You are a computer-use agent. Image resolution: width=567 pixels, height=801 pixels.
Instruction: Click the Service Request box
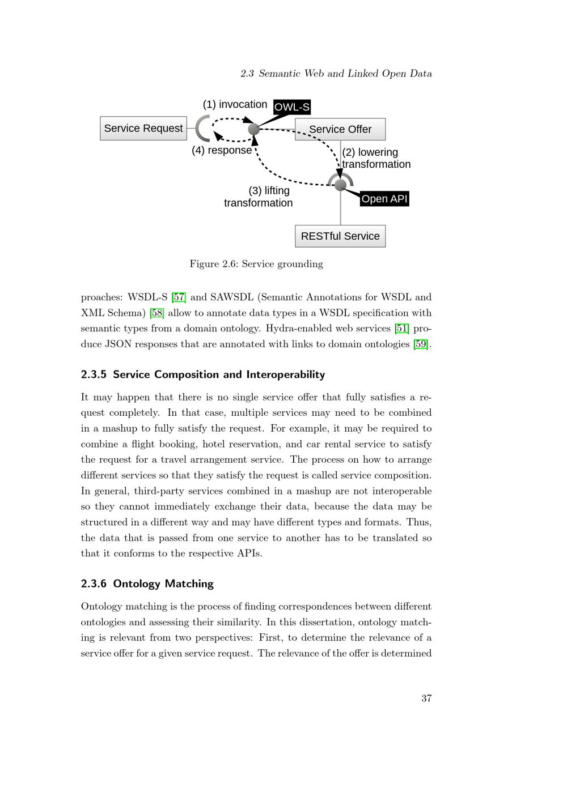pyautogui.click(x=143, y=129)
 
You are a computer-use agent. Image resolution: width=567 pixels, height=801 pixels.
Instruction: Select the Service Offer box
pyautogui.click(x=340, y=129)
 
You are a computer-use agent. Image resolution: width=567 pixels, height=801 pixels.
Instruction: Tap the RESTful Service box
pyautogui.click(x=340, y=236)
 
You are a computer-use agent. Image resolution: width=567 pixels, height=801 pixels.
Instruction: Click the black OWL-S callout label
pyautogui.click(x=291, y=107)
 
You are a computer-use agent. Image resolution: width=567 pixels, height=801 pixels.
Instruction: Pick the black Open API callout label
pyautogui.click(x=384, y=199)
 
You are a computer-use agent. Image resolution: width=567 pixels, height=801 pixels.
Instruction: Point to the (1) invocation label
pyautogui.click(x=235, y=104)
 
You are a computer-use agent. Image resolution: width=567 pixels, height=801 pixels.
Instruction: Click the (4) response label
pyautogui.click(x=222, y=150)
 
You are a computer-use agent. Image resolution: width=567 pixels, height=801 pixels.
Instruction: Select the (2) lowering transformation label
pyautogui.click(x=375, y=158)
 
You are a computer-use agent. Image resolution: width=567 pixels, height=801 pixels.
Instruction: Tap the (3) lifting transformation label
pyautogui.click(x=259, y=197)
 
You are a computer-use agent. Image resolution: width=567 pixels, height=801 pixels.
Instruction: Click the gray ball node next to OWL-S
pyautogui.click(x=254, y=129)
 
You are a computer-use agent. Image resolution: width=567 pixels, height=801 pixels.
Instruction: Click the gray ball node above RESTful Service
pyautogui.click(x=340, y=185)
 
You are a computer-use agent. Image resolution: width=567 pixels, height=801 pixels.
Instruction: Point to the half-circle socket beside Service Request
pyautogui.click(x=202, y=129)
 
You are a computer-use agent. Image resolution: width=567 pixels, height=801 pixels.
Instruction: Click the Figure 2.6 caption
pyautogui.click(x=256, y=264)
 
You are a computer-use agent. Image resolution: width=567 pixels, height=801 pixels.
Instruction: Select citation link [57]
pyautogui.click(x=179, y=297)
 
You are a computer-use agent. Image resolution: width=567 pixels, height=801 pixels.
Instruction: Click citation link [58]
pyautogui.click(x=156, y=313)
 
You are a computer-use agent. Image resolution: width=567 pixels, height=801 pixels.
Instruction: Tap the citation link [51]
pyautogui.click(x=401, y=329)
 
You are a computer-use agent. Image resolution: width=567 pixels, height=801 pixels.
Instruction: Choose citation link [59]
pyautogui.click(x=421, y=344)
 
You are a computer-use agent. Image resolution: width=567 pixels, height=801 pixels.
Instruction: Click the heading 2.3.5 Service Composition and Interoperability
pyautogui.click(x=203, y=374)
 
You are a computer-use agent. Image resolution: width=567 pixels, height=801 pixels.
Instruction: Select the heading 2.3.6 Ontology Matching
pyautogui.click(x=147, y=583)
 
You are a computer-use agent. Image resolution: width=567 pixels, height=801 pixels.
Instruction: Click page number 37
pyautogui.click(x=426, y=698)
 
